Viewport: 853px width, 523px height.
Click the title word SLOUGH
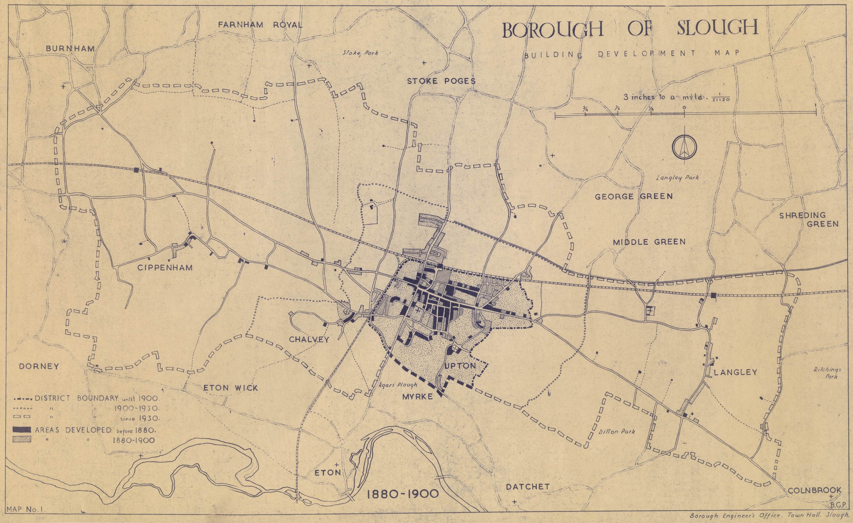[717, 28]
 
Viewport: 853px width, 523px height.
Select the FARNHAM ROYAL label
[260, 25]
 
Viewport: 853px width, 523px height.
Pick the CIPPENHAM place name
[165, 268]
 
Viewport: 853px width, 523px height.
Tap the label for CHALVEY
[309, 339]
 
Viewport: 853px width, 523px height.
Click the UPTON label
[460, 366]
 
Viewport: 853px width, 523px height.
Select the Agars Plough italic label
[398, 384]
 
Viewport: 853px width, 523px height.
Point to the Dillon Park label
[617, 432]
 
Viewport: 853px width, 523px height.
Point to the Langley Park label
[677, 178]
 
